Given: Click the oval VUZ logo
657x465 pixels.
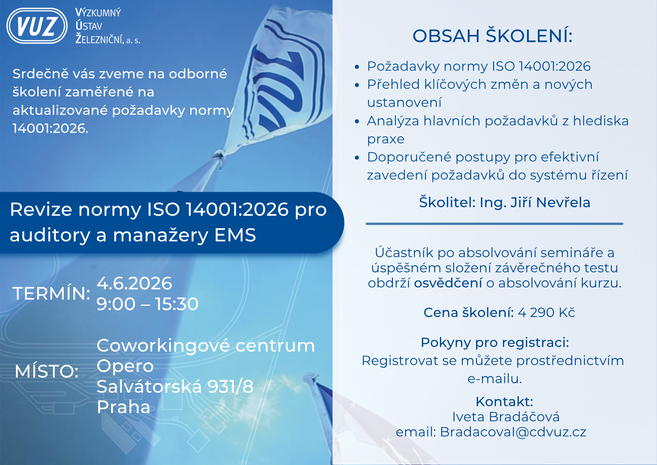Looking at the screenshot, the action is click(37, 26).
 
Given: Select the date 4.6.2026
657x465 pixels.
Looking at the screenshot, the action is click(134, 283).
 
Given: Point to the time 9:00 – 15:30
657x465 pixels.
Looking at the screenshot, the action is click(147, 304).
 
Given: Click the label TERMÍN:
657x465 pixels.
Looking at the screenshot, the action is click(52, 293).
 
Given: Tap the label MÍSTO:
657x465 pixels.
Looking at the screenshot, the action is click(47, 371).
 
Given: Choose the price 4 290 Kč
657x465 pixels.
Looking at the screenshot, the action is click(547, 312).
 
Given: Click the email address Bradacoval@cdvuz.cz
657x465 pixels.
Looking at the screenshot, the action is click(513, 432).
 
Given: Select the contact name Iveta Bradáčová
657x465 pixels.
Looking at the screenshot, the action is click(506, 417).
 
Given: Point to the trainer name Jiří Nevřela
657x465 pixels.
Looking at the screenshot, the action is click(550, 202).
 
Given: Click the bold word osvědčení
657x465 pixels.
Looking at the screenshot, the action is click(448, 283).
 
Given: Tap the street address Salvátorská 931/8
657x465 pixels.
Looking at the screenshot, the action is click(175, 386).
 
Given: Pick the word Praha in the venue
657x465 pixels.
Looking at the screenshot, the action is click(124, 407).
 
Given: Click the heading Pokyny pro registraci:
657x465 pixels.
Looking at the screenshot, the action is click(495, 343).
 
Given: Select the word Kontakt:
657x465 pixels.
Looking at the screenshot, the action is click(504, 402).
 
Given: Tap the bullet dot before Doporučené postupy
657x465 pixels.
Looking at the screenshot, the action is click(357, 158).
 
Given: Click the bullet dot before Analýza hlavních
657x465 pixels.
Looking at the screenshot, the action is click(357, 121).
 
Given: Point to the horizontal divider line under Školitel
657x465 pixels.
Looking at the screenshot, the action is click(495, 224).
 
